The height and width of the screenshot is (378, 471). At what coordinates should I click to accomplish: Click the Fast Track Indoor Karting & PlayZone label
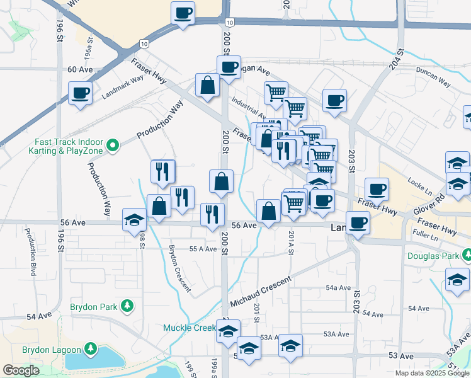[x=67, y=146]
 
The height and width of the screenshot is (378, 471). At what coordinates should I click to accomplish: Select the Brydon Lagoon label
[x=52, y=350]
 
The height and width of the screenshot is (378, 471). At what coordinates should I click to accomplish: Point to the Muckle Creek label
[x=190, y=328]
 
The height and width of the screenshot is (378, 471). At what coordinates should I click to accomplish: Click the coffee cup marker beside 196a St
[x=80, y=94]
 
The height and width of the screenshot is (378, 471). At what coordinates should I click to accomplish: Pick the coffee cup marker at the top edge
[x=183, y=13]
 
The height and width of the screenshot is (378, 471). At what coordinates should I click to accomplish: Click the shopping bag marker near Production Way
[x=159, y=206]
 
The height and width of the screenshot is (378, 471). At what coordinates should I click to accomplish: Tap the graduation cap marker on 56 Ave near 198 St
[x=134, y=220]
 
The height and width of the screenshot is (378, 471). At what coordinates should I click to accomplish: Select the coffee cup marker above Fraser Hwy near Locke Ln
[x=377, y=189]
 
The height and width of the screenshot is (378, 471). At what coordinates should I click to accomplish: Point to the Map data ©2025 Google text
[x=431, y=373]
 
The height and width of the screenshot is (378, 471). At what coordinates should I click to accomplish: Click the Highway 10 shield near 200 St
[x=231, y=23]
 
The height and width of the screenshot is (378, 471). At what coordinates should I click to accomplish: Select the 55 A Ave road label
[x=203, y=249]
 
